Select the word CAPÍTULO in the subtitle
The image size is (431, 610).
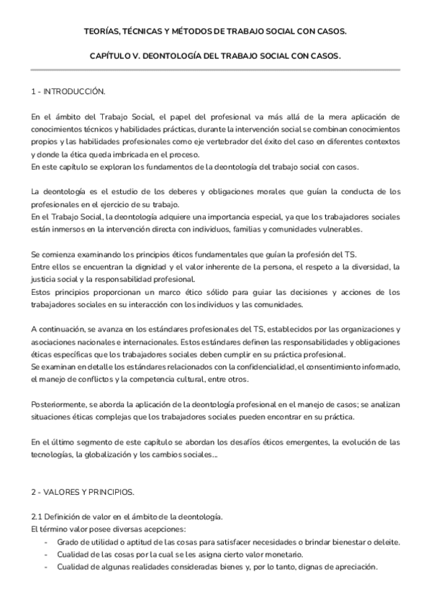[x=110, y=55]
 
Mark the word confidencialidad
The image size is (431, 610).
[x=268, y=366]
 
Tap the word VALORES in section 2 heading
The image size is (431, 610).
[x=62, y=492]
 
